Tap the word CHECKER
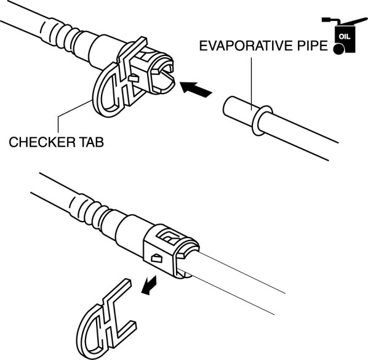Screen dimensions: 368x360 pyautogui.click(x=42, y=142)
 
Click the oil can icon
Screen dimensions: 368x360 pyautogui.click(x=344, y=36)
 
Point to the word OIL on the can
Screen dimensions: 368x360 pyautogui.click(x=345, y=37)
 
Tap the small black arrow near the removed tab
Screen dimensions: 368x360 pyautogui.click(x=149, y=285)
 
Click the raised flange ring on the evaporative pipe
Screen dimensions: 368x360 pyautogui.click(x=262, y=121)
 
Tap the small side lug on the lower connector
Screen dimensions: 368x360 pyautogui.click(x=157, y=258)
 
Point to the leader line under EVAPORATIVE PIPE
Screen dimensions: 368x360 pyautogui.click(x=251, y=84)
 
